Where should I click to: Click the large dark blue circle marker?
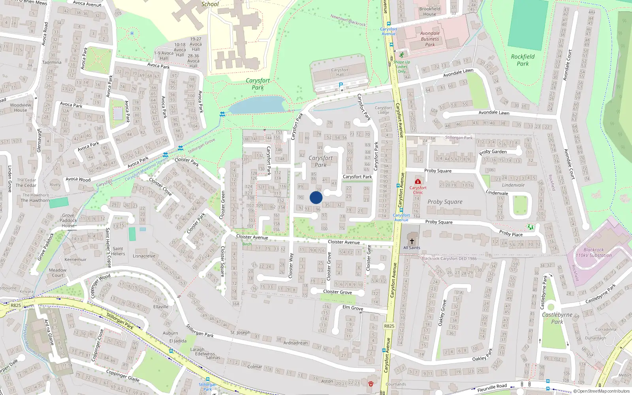tap(316, 197)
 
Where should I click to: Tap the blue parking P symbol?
tap(341, 85)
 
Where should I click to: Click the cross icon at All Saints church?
tap(412, 241)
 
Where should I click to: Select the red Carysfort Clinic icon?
tap(418, 182)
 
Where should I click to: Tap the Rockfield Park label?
tap(523, 60)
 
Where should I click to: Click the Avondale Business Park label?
tap(430, 39)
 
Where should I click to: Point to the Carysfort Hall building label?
tap(340, 72)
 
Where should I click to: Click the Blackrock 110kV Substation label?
tap(593, 252)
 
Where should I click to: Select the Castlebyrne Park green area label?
tap(557, 318)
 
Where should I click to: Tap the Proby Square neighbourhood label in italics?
tap(445, 202)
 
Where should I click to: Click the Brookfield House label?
tap(430, 11)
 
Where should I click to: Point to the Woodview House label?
tap(21, 107)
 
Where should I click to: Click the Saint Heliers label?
tap(118, 251)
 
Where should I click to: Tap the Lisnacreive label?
tap(144, 256)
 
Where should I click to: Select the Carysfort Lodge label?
tap(383, 110)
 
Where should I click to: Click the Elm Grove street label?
tap(353, 308)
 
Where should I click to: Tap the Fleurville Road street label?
tap(492, 388)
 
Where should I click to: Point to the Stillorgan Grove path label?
tap(201, 146)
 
